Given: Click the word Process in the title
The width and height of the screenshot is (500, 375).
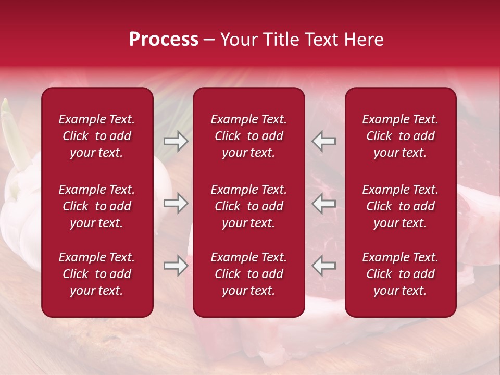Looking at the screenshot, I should [164, 40].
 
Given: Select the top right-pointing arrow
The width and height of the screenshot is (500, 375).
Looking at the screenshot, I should [176, 141].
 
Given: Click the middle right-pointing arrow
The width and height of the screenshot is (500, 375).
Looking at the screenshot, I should [176, 203].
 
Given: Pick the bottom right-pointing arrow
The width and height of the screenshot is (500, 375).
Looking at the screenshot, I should [176, 266].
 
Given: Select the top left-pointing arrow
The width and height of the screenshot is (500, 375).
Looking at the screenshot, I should [323, 141].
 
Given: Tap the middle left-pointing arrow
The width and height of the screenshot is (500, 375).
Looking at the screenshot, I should [323, 203].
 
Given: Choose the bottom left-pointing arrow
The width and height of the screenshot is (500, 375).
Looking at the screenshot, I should [323, 266].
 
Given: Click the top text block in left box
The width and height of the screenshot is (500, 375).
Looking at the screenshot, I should [97, 136].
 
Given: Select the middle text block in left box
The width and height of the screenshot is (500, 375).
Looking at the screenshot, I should [97, 206].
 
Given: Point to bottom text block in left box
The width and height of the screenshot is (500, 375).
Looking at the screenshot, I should [97, 274].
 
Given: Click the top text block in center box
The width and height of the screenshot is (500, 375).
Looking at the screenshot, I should [249, 136].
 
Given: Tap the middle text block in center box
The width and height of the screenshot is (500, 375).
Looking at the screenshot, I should [249, 206].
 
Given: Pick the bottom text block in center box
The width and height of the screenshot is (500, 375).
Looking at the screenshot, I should [249, 274].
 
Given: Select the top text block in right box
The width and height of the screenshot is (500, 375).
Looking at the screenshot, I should [401, 136].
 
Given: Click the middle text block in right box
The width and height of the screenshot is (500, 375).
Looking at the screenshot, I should [401, 206].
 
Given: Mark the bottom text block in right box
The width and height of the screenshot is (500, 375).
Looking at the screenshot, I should [401, 274].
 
